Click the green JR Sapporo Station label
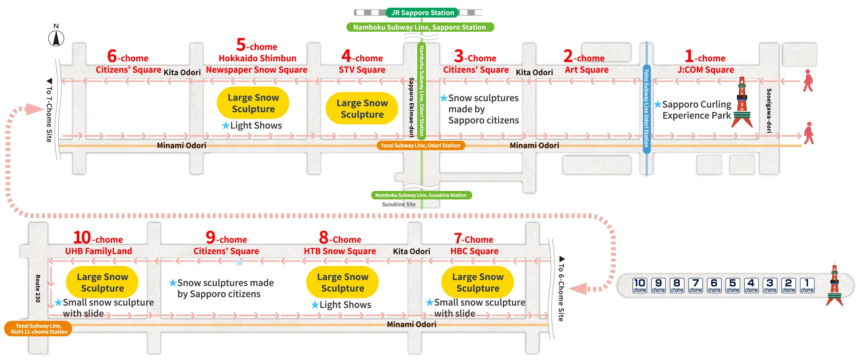422,13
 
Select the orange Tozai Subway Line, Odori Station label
421,145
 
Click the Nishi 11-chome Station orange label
38,329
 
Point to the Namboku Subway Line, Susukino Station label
421,195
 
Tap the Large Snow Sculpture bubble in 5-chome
253,103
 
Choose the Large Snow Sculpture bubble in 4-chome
362,109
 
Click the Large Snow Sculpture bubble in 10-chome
102,282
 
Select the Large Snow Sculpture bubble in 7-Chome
478,282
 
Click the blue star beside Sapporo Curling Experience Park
657,105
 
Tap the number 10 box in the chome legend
640,285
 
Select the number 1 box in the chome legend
807,285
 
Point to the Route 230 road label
38,288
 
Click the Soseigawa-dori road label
769,111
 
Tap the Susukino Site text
399,204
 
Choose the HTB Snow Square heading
340,251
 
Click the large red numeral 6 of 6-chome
112,56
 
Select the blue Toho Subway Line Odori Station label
646,108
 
